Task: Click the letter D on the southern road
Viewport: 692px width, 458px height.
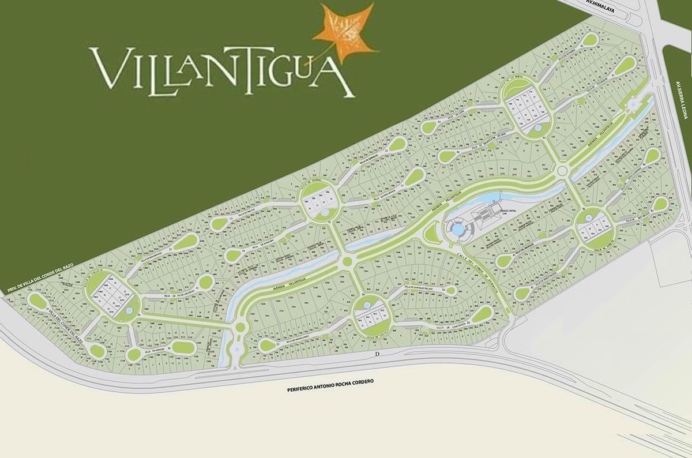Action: tap(377, 352)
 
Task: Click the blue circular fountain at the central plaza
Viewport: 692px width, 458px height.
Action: tap(458, 230)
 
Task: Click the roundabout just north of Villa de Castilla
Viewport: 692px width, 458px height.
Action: tap(347, 262)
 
